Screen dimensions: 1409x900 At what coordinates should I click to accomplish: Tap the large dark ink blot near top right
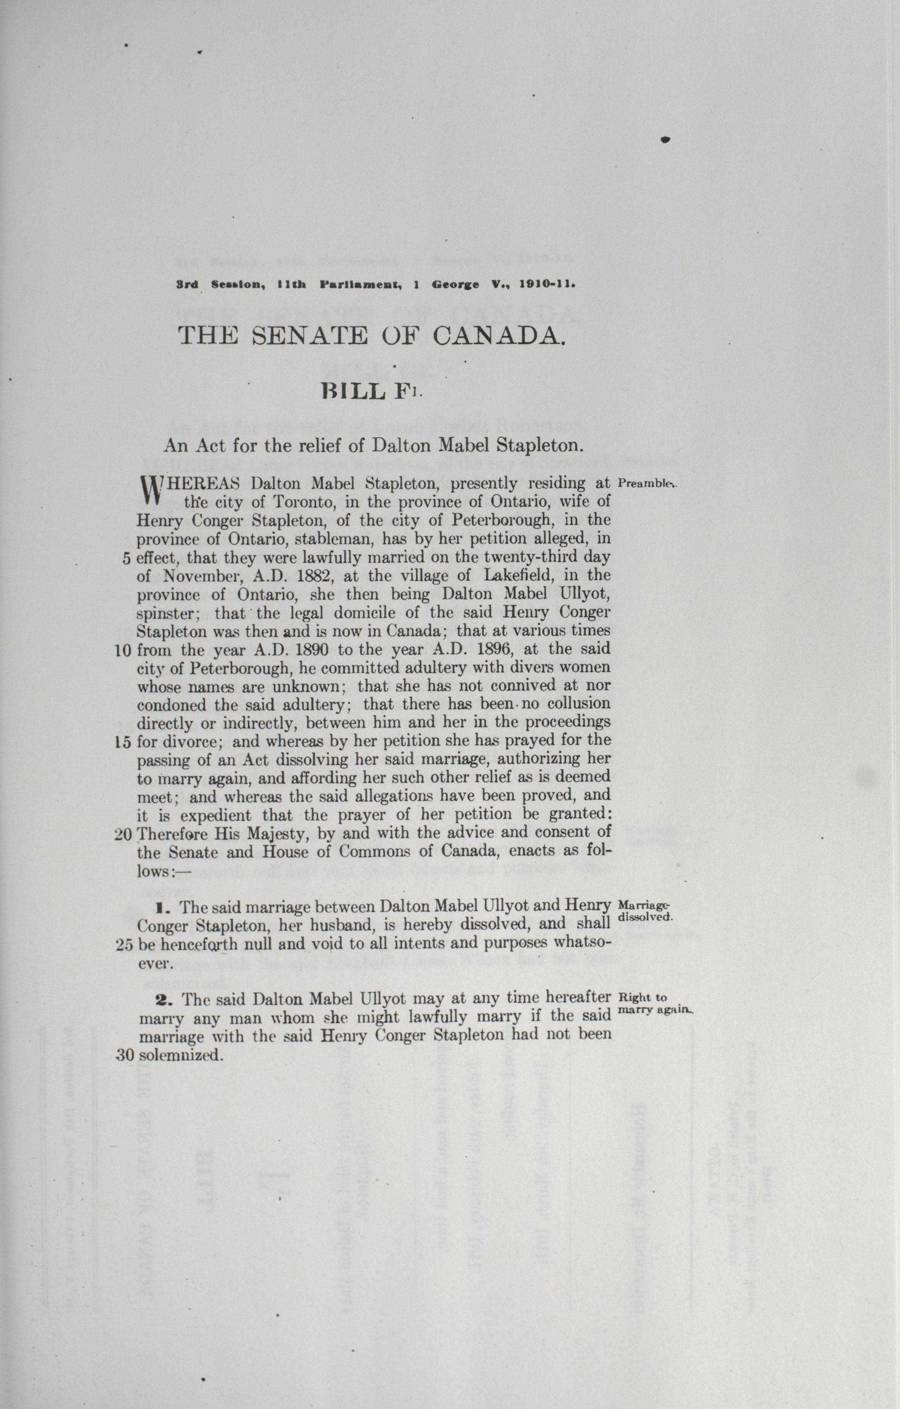[665, 139]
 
